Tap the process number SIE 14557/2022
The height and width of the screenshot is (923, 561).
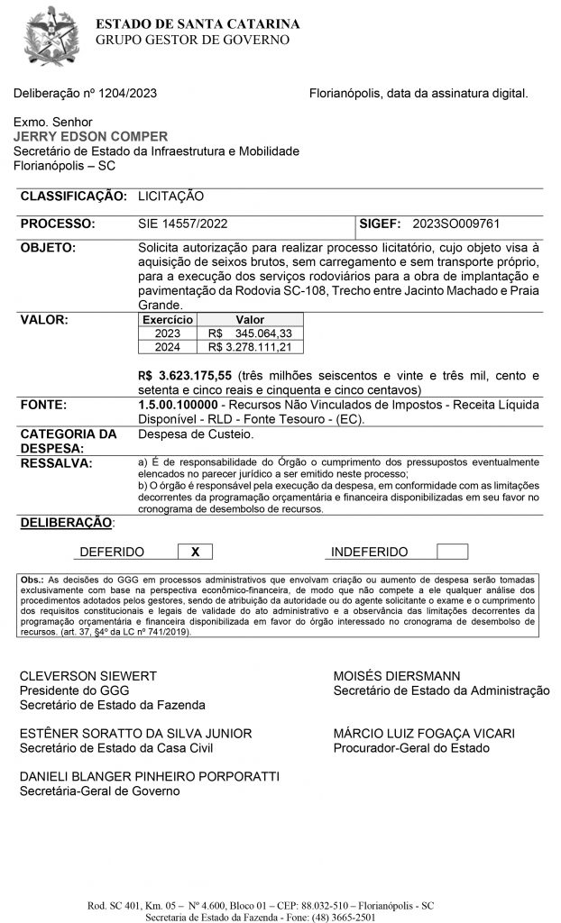(x=184, y=224)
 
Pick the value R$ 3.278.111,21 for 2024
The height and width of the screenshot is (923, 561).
(x=250, y=347)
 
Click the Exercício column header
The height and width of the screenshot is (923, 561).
(x=168, y=320)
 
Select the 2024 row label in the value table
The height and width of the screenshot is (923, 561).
(x=168, y=347)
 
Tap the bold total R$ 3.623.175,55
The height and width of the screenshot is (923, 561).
(x=185, y=375)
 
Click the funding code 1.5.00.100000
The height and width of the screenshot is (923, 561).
(x=180, y=406)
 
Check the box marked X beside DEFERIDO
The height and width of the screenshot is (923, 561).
(x=195, y=552)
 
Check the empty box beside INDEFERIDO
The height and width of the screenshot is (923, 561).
(x=452, y=552)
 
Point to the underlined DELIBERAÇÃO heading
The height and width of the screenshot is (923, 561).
(x=66, y=523)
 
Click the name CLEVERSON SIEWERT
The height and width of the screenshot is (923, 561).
(x=88, y=675)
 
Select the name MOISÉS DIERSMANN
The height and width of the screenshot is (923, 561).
(x=397, y=675)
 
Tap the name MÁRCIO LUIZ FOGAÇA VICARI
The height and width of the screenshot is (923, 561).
(x=424, y=734)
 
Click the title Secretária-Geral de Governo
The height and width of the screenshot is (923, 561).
(x=99, y=791)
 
